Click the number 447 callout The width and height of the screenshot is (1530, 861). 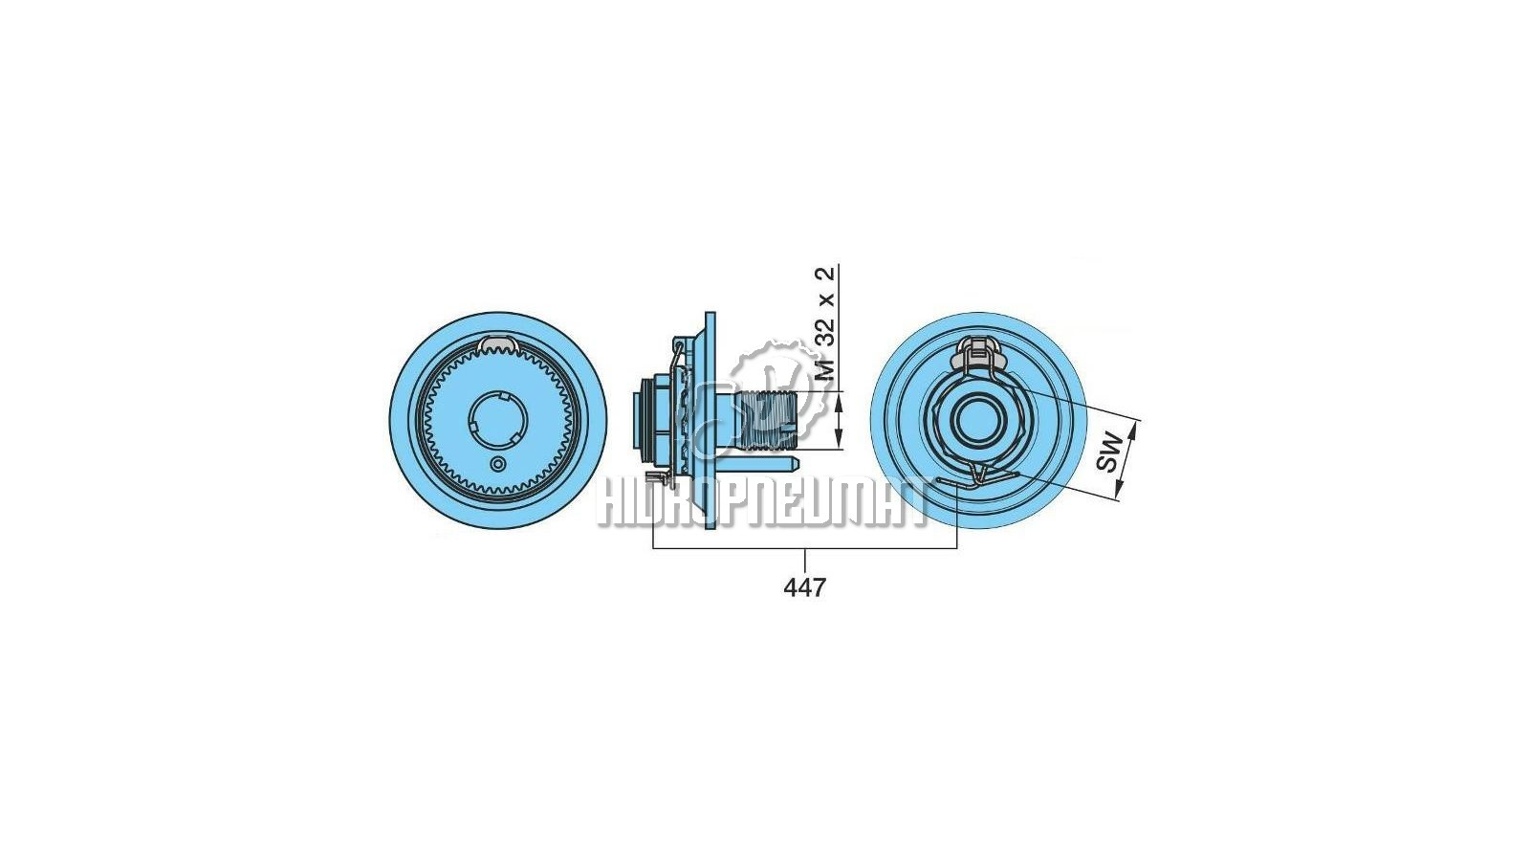(804, 587)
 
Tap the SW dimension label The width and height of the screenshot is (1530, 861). (1108, 451)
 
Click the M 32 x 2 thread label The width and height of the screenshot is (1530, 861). (826, 324)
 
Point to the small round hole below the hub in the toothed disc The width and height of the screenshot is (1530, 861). (498, 464)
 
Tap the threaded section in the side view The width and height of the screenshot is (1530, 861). (768, 420)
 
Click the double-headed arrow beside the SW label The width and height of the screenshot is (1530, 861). (1126, 460)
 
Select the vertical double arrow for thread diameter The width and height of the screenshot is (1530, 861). (839, 420)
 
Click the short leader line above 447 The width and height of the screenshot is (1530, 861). (805, 561)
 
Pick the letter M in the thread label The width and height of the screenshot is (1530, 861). (826, 370)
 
